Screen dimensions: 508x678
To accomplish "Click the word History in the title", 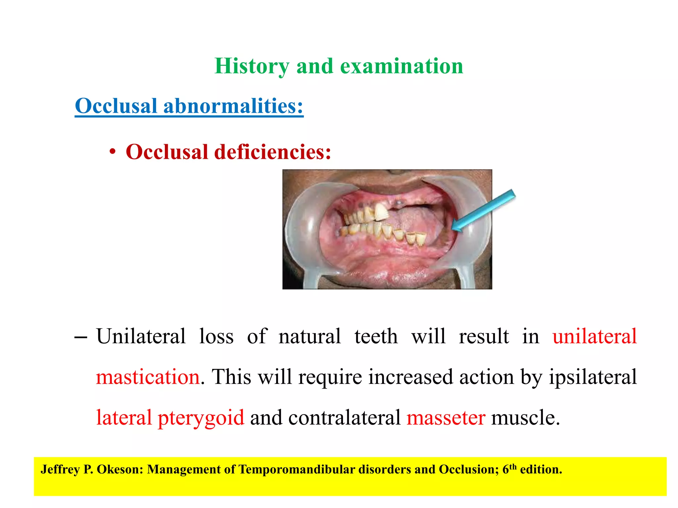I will (252, 66).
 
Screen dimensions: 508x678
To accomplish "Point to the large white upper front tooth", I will (382, 212).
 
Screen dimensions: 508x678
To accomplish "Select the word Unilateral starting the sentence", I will (141, 336).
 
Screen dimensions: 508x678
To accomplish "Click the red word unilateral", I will (595, 336).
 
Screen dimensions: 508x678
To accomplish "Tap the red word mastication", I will (148, 377).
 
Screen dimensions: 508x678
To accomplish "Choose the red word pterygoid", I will (201, 418).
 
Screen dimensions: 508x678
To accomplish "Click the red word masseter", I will (446, 418).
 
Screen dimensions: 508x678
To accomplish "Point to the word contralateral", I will (345, 418).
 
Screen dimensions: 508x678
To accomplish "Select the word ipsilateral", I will (593, 377).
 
